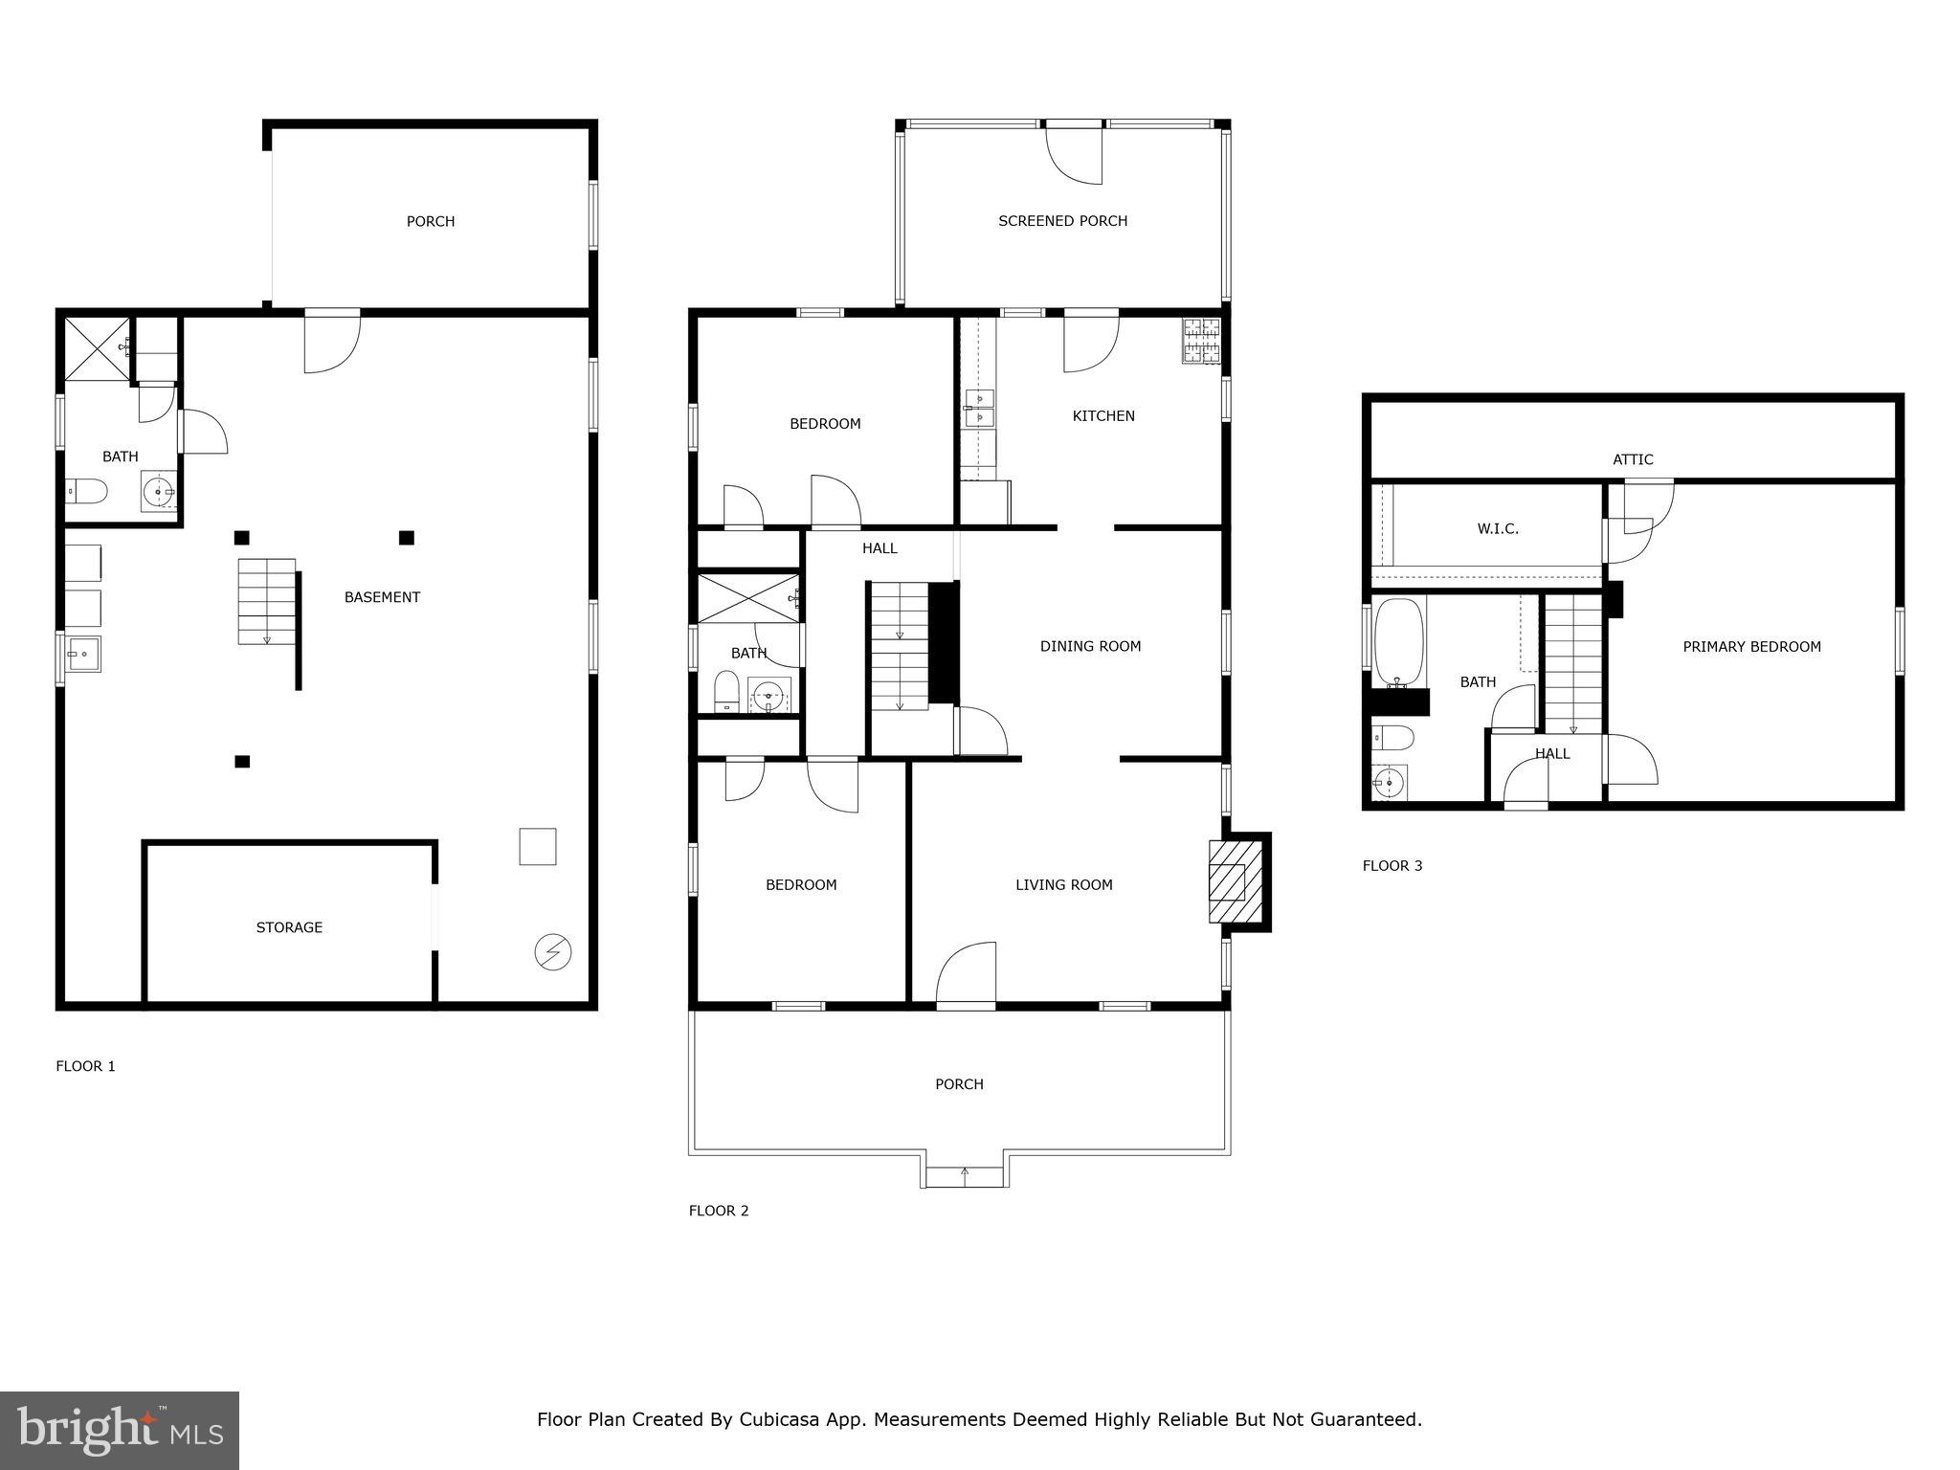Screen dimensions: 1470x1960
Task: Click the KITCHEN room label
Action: (x=1103, y=415)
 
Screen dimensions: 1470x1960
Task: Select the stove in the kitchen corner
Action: (x=1202, y=342)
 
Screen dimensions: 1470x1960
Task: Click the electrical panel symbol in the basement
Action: (x=553, y=952)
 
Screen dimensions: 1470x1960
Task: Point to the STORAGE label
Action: (x=289, y=926)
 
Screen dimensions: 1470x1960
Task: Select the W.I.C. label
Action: (x=1498, y=528)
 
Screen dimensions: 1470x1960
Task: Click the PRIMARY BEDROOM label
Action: (x=1751, y=647)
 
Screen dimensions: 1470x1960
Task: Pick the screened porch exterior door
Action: (x=1075, y=153)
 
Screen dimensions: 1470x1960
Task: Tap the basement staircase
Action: (x=266, y=602)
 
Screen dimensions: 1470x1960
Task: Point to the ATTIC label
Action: (x=1633, y=459)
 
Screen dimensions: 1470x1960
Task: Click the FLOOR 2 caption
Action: (x=719, y=1211)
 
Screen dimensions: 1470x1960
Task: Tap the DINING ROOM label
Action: (x=1090, y=646)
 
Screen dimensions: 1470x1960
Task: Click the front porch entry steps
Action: (x=964, y=1176)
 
